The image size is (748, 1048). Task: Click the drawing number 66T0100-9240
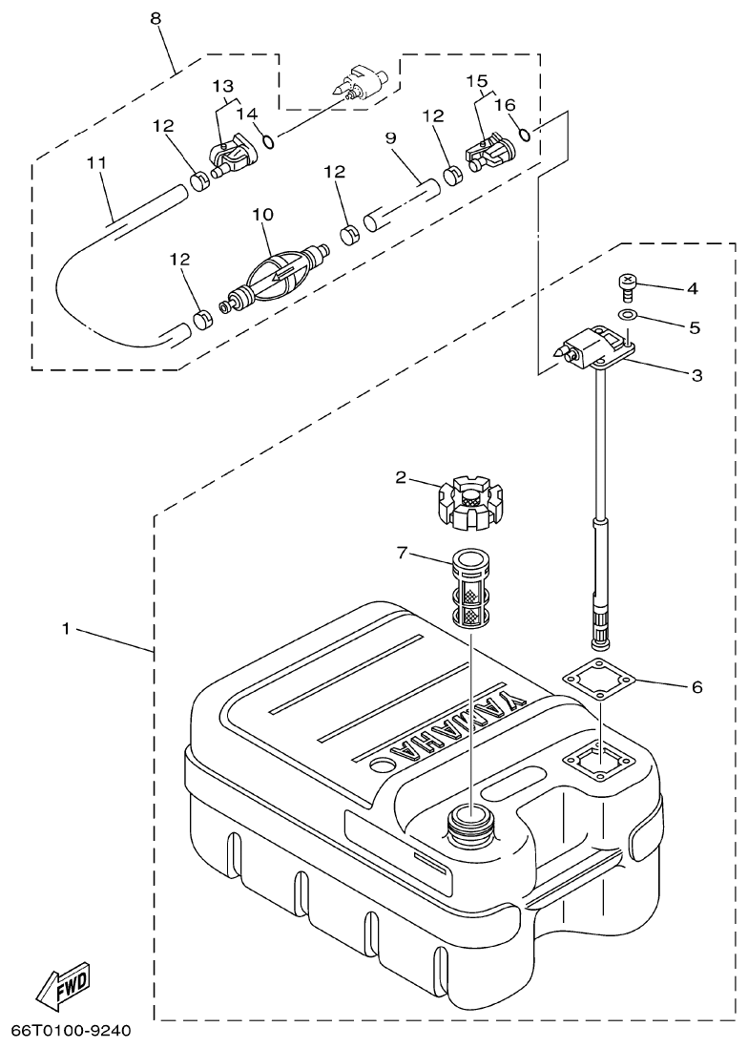[x=72, y=1032]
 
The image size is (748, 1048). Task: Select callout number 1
[x=66, y=630]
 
